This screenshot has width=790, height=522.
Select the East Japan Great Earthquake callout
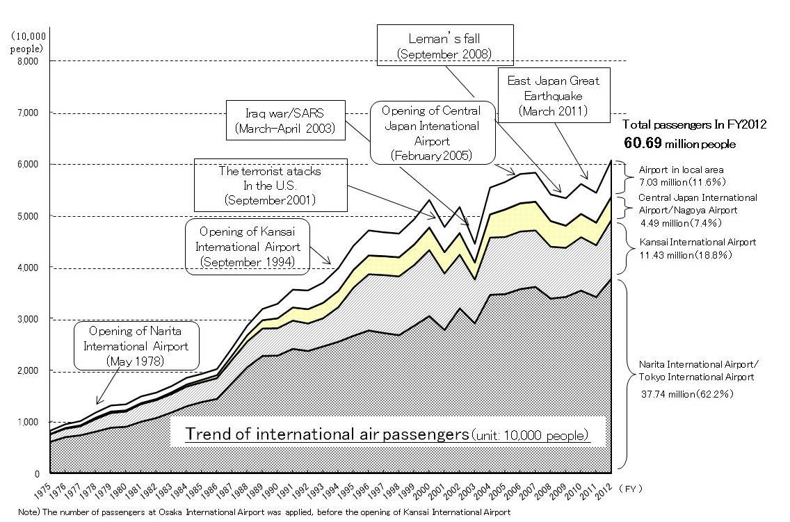click(x=554, y=95)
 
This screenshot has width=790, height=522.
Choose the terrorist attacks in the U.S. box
click(x=269, y=184)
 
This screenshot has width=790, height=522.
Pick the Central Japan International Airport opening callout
click(x=435, y=132)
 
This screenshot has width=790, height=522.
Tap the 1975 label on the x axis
click(x=43, y=490)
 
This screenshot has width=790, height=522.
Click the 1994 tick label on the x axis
click(x=331, y=490)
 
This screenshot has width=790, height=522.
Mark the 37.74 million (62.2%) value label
click(x=685, y=393)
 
